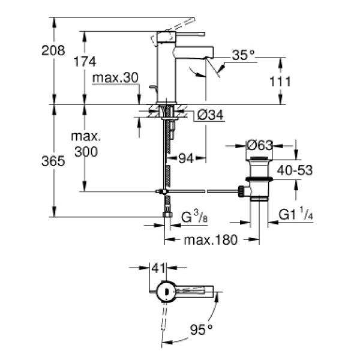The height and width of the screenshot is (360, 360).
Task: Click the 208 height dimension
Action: pyautogui.click(x=53, y=51)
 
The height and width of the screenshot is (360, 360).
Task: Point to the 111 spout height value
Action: pyautogui.click(x=280, y=81)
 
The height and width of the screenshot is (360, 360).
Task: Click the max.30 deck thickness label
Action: pyautogui.click(x=116, y=78)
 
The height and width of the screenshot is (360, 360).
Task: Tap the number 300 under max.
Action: pyautogui.click(x=86, y=152)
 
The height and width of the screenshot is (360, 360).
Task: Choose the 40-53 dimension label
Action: pyautogui.click(x=295, y=171)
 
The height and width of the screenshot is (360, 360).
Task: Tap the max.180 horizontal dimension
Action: pyautogui.click(x=212, y=240)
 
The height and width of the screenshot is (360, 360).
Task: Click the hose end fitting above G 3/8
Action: pyautogui.click(x=167, y=214)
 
